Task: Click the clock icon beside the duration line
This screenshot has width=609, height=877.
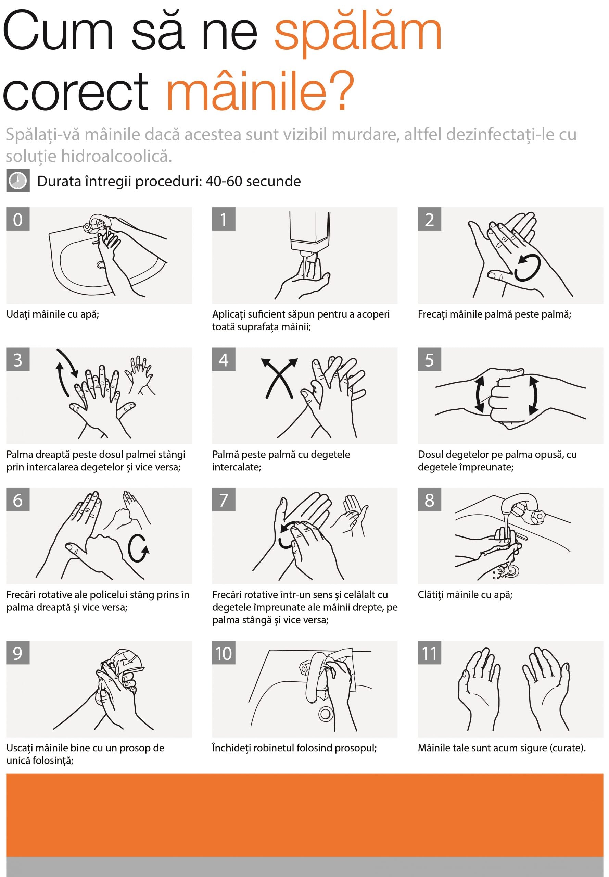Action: (18, 181)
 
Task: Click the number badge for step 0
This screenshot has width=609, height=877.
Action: (18, 219)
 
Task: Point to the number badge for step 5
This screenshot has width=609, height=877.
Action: (429, 359)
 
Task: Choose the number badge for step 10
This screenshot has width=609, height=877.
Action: (224, 653)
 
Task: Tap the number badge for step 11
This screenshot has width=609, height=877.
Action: (429, 653)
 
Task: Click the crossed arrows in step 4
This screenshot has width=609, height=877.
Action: (279, 378)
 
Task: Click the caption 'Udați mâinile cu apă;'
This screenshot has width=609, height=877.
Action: (53, 314)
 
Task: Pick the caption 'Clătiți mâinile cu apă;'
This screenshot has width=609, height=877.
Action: (465, 594)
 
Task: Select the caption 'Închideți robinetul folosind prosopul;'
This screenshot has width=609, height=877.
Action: (294, 748)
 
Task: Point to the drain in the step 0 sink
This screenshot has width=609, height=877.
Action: (101, 264)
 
